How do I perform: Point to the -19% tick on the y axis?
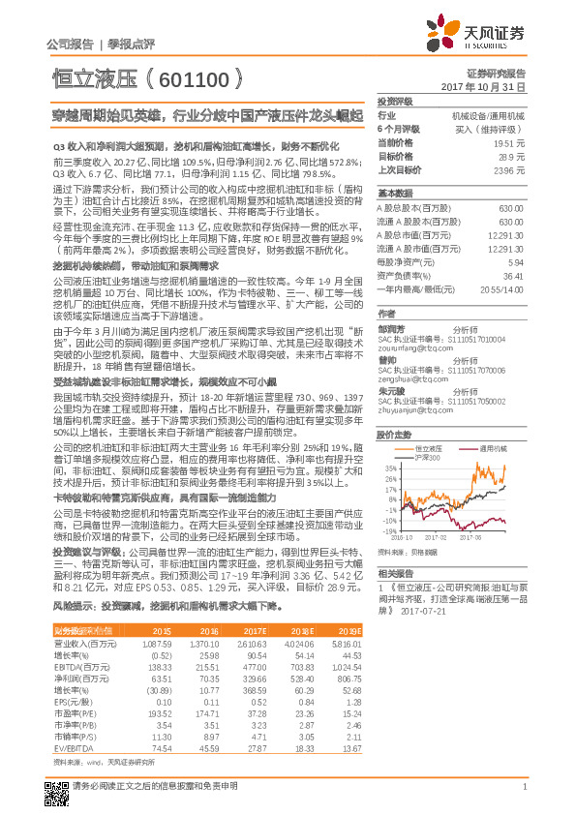pyautogui.click(x=386, y=531)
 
